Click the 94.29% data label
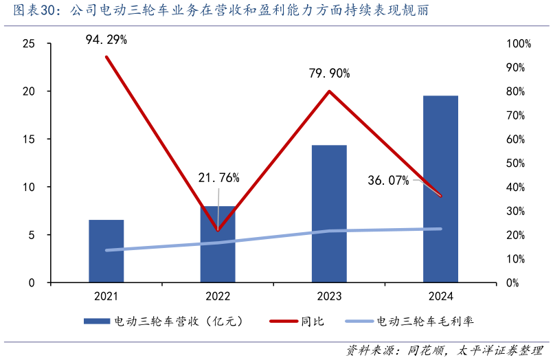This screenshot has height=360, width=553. [106, 40]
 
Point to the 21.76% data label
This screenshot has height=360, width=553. [218, 178]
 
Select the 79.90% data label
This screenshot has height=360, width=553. [329, 73]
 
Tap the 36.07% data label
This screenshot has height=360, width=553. [388, 181]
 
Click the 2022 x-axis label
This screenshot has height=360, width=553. [218, 296]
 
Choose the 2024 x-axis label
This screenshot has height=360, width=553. [440, 296]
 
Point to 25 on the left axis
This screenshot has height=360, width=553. [29, 44]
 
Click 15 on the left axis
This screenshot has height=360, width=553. [29, 139]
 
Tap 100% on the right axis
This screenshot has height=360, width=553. [519, 44]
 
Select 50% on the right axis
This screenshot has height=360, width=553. [519, 164]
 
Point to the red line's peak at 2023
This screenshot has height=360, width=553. [329, 91]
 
